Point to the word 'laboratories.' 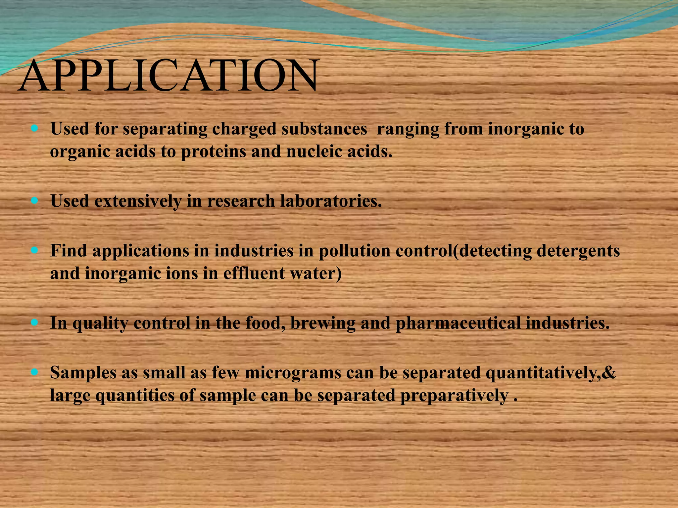tap(331, 201)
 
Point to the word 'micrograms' tap(293, 373)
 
